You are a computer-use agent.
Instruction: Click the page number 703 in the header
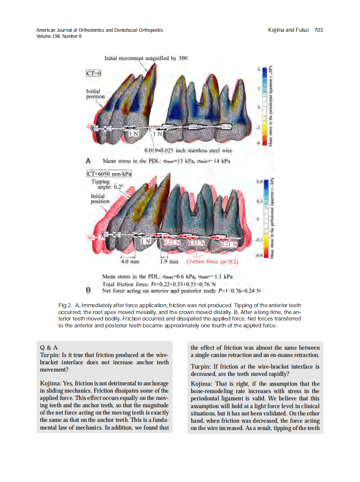(x=318, y=30)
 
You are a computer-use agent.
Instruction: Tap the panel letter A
(x=88, y=161)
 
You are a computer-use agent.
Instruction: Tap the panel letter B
(x=88, y=290)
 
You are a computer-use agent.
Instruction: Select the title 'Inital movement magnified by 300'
(x=146, y=58)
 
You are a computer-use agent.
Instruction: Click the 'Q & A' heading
(x=49, y=347)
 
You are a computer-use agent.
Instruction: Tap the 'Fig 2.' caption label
(x=65, y=305)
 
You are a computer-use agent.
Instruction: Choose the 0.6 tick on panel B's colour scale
(x=259, y=182)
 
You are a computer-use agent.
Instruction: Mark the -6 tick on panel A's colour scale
(x=259, y=143)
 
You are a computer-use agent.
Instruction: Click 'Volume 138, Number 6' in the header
(x=59, y=36)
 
